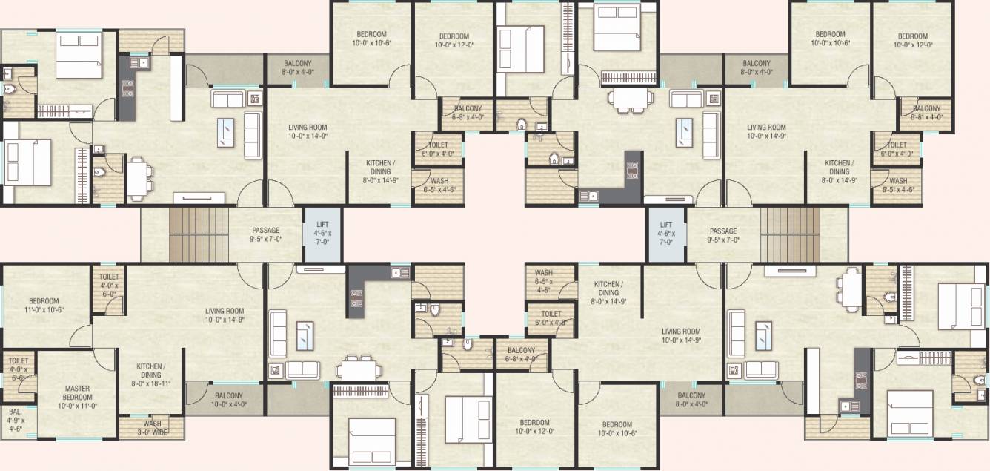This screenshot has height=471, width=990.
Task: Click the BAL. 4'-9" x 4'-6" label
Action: (x=16, y=419)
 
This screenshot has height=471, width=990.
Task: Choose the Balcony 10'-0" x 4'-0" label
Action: (x=228, y=399)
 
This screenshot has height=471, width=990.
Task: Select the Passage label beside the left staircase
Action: (x=265, y=235)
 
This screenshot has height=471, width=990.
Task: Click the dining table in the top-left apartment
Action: (x=139, y=179)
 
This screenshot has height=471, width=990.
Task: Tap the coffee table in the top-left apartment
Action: (x=227, y=132)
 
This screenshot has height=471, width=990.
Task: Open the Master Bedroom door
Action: (x=104, y=360)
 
